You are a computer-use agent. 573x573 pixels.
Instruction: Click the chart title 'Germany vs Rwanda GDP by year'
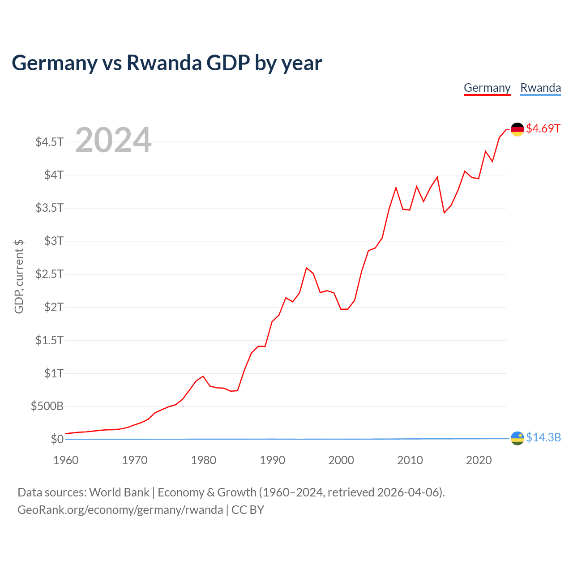(167, 63)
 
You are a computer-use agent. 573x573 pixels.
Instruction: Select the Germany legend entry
(487, 88)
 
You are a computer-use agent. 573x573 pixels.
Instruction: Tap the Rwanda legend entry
(540, 88)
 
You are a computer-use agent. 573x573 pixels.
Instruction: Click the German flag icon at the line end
(517, 129)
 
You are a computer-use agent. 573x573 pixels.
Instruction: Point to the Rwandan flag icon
(517, 438)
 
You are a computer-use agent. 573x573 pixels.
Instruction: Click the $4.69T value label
(543, 128)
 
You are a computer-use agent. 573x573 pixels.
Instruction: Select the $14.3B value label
(543, 437)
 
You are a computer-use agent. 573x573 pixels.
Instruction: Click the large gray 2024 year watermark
(113, 141)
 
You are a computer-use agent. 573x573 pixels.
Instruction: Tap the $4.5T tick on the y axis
(49, 142)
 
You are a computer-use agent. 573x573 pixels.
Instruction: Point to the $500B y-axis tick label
(47, 406)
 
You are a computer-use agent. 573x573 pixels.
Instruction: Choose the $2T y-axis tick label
(54, 307)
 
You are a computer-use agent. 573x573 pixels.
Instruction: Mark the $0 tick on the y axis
(57, 439)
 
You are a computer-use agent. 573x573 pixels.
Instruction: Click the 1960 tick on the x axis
(66, 460)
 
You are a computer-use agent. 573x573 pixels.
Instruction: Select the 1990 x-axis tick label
(272, 460)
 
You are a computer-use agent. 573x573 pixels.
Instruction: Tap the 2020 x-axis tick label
(479, 460)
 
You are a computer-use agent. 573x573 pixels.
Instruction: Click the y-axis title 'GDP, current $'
(19, 276)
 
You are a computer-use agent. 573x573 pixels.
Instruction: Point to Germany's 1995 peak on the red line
(307, 268)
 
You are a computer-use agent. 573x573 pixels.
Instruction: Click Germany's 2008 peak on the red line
(396, 187)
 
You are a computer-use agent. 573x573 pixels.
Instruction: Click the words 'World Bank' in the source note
(119, 492)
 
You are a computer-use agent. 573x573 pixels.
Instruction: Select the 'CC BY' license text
(248, 510)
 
